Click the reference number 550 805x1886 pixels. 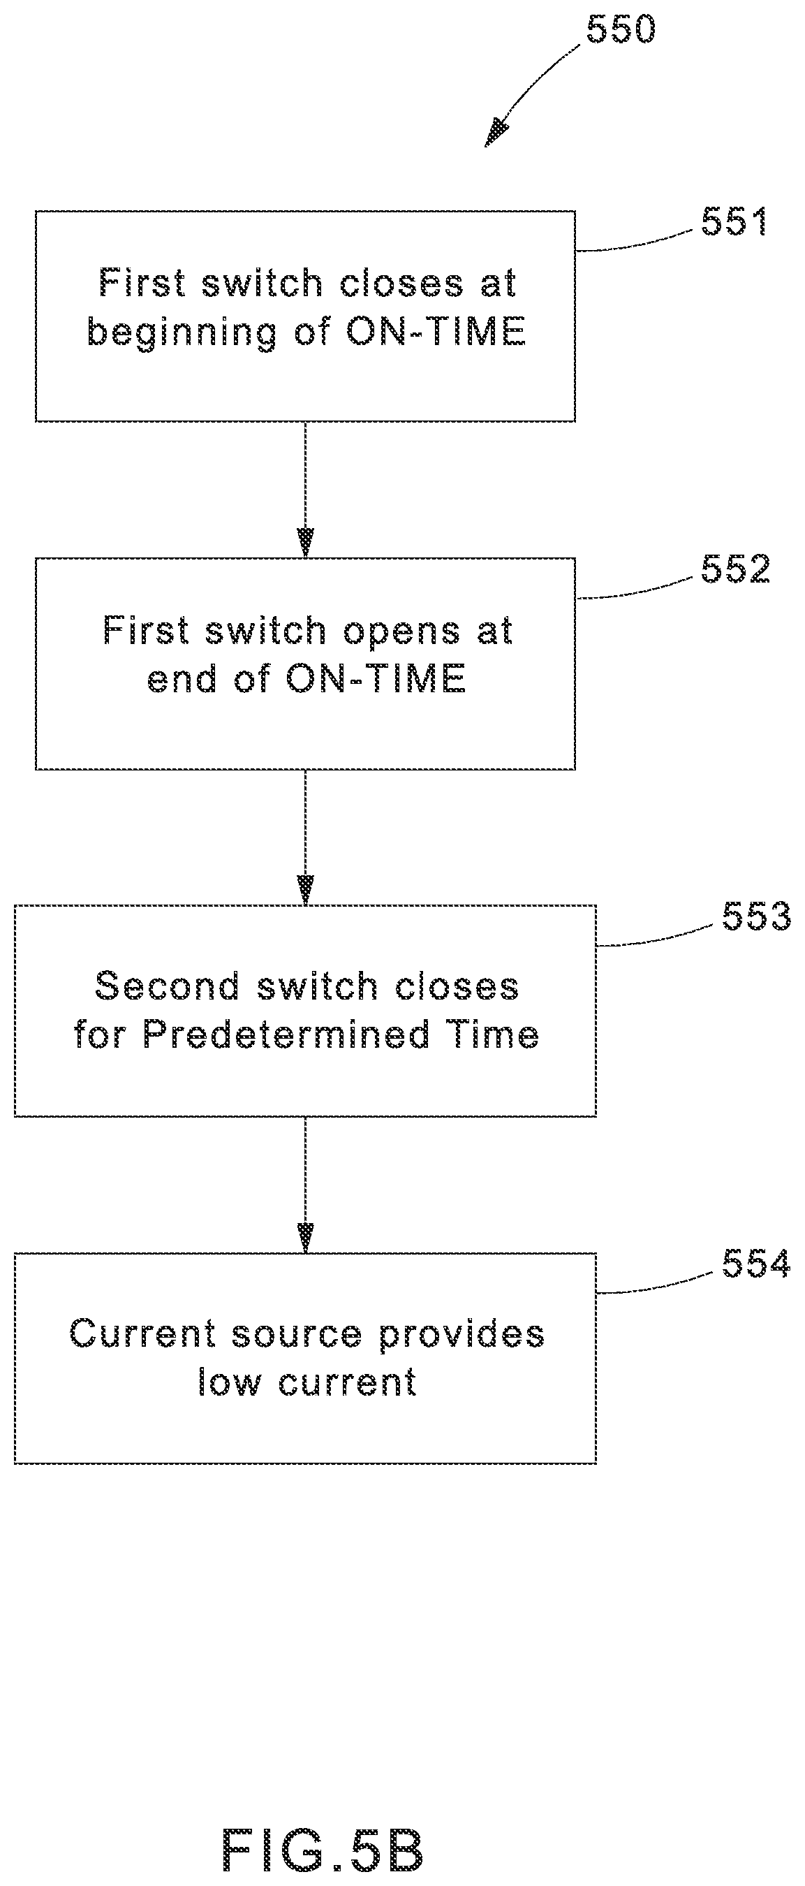[621, 30]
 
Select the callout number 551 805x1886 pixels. [734, 221]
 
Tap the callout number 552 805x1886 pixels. [735, 569]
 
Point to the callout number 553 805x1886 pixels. [757, 916]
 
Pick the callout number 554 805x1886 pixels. [757, 1264]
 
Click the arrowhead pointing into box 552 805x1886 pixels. [306, 543]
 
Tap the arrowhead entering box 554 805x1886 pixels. [306, 1238]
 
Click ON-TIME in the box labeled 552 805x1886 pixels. [376, 679]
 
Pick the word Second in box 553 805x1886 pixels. [167, 986]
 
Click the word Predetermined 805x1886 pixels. [286, 1035]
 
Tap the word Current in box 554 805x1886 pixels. [142, 1333]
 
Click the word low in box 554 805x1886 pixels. [229, 1382]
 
